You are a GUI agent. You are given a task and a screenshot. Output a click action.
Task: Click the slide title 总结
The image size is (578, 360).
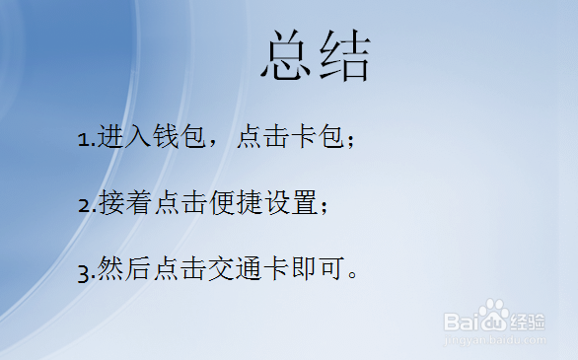coord(316,58)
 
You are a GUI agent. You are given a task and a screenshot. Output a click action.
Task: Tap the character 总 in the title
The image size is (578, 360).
coord(288,58)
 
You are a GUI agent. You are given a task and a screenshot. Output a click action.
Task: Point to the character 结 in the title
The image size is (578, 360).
coord(344,58)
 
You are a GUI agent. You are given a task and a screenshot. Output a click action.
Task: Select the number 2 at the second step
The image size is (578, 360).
coord(84,206)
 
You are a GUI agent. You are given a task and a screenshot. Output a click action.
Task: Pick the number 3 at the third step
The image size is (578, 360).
coord(84,271)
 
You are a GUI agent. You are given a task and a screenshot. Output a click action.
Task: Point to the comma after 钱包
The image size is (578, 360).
coord(214,144)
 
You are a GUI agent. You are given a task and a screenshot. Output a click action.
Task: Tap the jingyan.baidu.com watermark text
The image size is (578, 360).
coord(494,338)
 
